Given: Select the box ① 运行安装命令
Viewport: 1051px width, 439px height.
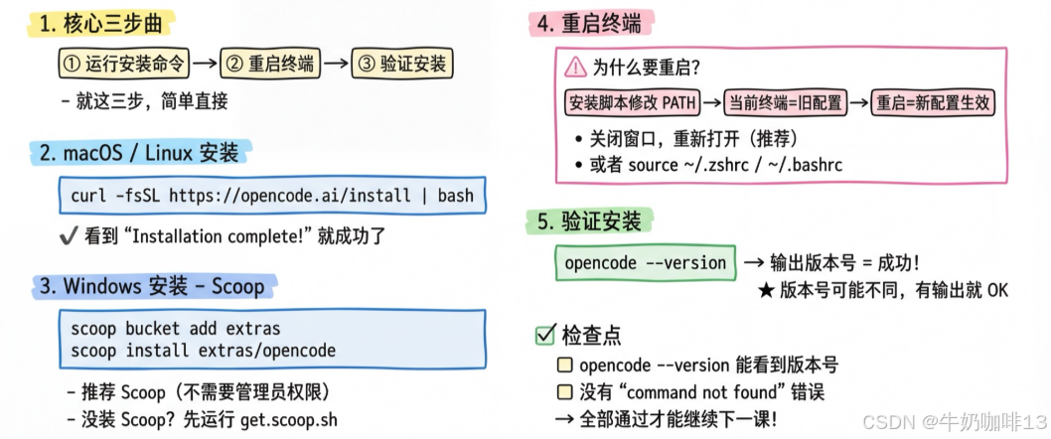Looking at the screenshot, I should [x=123, y=66].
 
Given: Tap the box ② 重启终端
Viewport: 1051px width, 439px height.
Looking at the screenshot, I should [x=270, y=66].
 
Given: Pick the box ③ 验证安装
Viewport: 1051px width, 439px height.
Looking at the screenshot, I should [x=402, y=66].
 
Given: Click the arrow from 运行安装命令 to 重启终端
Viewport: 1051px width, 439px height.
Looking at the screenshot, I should [x=205, y=66].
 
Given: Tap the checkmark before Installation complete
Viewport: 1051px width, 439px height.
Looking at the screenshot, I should [x=69, y=236].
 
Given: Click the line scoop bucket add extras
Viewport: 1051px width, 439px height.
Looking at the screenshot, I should [x=176, y=328].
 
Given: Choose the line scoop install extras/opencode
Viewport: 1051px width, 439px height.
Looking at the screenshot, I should [x=204, y=350].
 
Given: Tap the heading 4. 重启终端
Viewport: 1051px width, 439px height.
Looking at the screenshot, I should [x=587, y=25].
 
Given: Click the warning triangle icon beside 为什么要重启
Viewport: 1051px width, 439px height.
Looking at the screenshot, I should [x=575, y=68].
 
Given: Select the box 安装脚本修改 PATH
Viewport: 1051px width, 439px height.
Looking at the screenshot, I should [x=632, y=101].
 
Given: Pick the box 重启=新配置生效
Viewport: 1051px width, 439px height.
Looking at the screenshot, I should [x=934, y=101].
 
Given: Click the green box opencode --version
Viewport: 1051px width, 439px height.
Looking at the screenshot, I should [x=645, y=263].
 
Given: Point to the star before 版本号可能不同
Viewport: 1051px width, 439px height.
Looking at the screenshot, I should [x=766, y=290].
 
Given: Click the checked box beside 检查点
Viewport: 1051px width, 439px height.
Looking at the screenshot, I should [x=544, y=336].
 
